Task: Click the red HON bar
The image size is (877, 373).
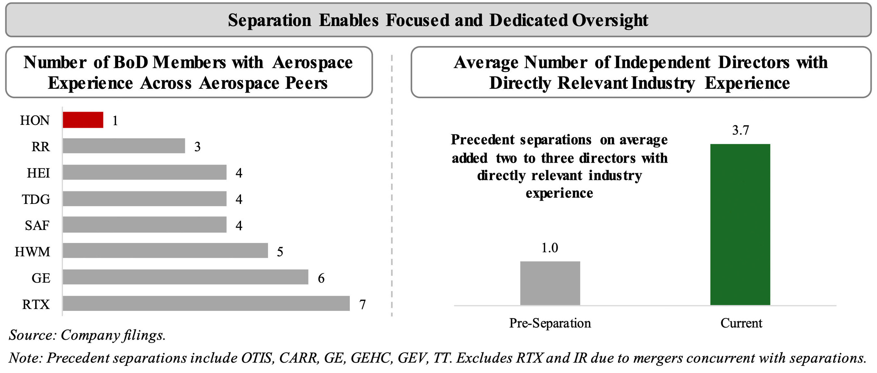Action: click(83, 120)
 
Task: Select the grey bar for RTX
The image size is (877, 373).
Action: click(206, 303)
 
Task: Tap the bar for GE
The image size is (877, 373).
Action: click(185, 277)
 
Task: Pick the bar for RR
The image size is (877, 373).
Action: click(123, 146)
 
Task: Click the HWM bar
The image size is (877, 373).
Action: click(165, 251)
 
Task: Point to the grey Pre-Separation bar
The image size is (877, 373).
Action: click(550, 283)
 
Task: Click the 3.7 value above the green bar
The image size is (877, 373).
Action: click(741, 130)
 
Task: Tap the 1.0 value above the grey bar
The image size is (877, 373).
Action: click(550, 248)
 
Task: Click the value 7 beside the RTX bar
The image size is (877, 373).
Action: click(362, 304)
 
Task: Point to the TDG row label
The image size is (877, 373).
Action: click(36, 199)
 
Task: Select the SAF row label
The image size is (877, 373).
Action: click(37, 225)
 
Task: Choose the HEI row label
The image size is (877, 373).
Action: click(38, 173)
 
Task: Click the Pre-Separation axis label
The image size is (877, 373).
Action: click(550, 323)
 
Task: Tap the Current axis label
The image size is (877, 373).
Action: click(741, 323)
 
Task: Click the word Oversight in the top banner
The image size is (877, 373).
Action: click(610, 20)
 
